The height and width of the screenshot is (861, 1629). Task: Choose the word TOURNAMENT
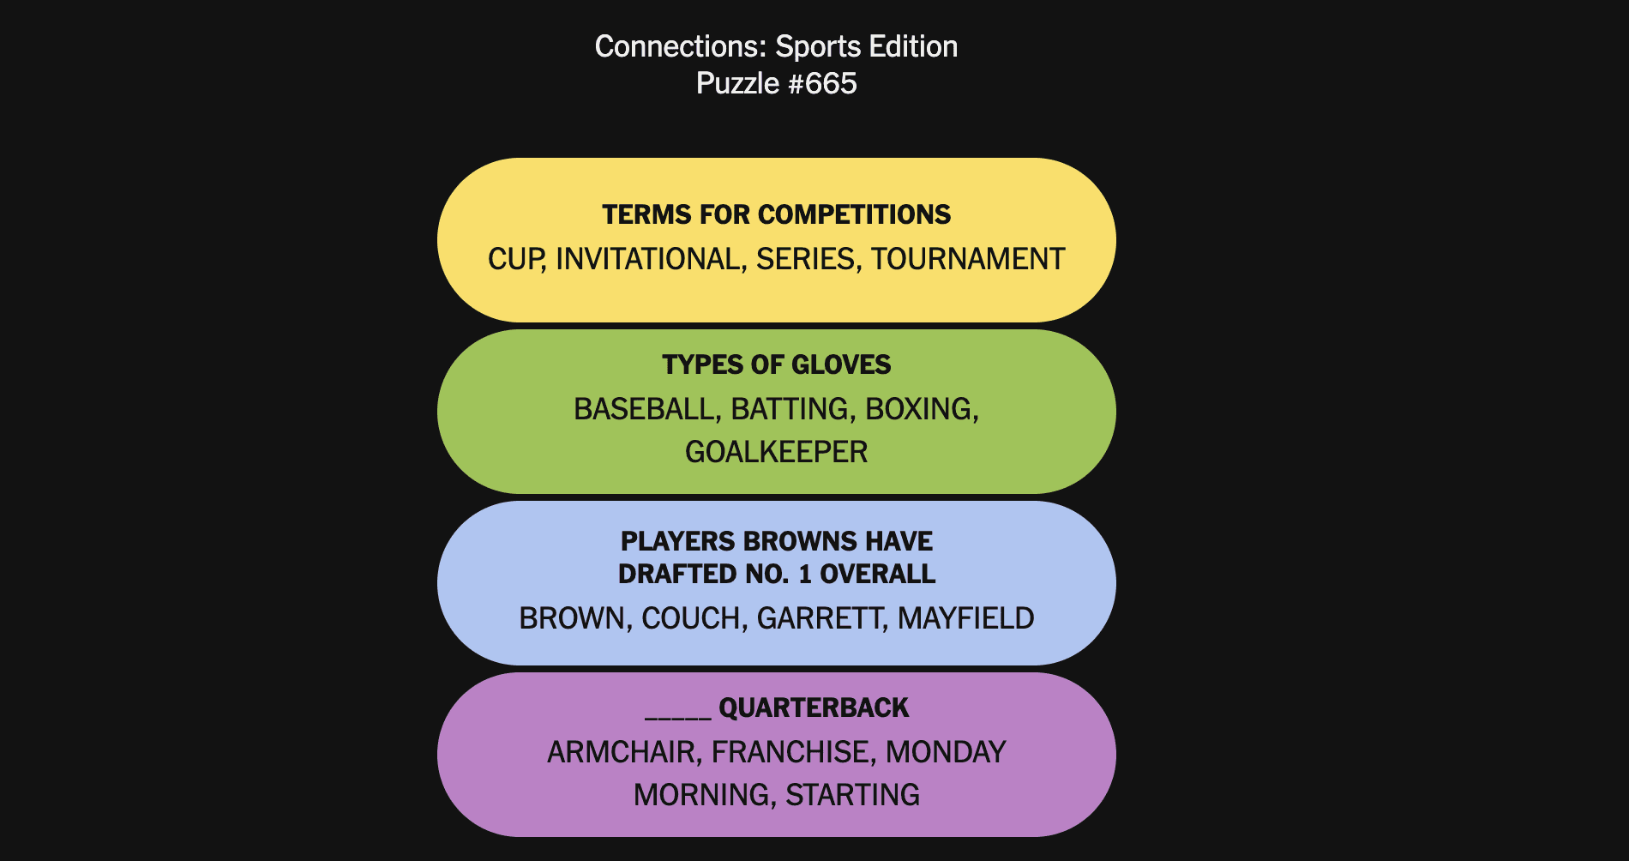pyautogui.click(x=968, y=259)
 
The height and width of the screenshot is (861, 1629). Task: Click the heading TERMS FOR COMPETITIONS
pyautogui.click(x=777, y=214)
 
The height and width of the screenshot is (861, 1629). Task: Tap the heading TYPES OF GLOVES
pyautogui.click(x=777, y=364)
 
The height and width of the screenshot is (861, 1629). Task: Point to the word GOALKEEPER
pyautogui.click(x=777, y=452)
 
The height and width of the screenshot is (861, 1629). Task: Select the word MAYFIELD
pyautogui.click(x=966, y=618)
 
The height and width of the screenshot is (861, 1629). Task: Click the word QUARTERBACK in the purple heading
pyautogui.click(x=814, y=707)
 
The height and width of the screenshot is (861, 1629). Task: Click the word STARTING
pyautogui.click(x=853, y=795)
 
